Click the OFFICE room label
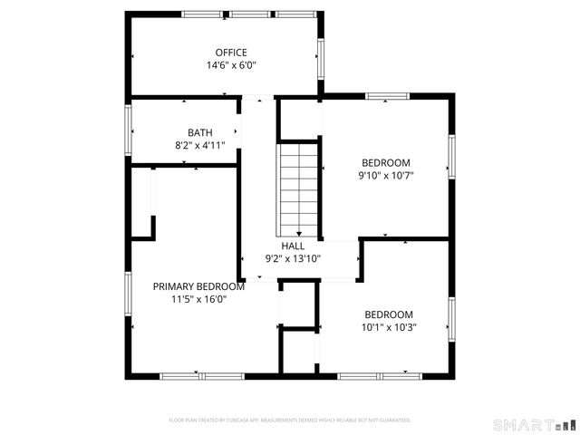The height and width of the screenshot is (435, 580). pyautogui.click(x=231, y=53)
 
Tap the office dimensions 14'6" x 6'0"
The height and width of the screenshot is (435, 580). pyautogui.click(x=231, y=65)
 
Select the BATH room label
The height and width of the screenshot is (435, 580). pyautogui.click(x=200, y=132)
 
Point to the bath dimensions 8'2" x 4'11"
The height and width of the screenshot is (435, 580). pyautogui.click(x=200, y=145)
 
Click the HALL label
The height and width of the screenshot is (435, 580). pyautogui.click(x=293, y=246)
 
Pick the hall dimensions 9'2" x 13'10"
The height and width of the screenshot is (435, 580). pyautogui.click(x=293, y=258)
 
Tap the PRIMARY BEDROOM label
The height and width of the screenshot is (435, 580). pyautogui.click(x=198, y=286)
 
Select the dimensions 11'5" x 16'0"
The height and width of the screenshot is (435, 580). pyautogui.click(x=198, y=299)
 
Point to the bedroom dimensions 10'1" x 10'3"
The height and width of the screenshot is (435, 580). pyautogui.click(x=389, y=328)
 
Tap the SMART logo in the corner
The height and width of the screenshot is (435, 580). pyautogui.click(x=534, y=424)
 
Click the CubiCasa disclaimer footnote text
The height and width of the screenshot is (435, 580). pyautogui.click(x=290, y=420)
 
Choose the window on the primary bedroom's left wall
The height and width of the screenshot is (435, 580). pyautogui.click(x=128, y=299)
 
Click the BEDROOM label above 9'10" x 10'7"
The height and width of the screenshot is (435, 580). pyautogui.click(x=387, y=163)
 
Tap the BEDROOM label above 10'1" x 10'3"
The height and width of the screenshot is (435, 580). pyautogui.click(x=389, y=314)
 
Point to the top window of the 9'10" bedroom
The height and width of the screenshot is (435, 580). pyautogui.click(x=387, y=95)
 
